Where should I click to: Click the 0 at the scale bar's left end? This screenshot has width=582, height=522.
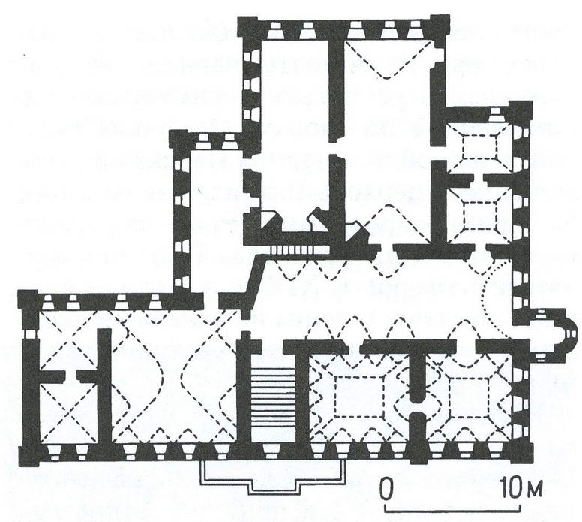tap(387, 488)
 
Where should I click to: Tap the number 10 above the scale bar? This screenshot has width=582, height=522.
tap(511, 487)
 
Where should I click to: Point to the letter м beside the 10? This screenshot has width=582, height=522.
tap(533, 490)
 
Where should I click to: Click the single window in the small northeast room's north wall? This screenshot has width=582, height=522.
tap(495, 115)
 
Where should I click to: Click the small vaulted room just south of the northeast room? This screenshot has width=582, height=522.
tap(479, 215)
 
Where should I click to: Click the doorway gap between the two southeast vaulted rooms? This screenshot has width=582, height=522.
tap(418, 407)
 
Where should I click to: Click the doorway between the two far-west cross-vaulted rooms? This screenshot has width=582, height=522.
tap(70, 376)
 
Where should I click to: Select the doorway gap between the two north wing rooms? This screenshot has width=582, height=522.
tap(337, 149)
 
